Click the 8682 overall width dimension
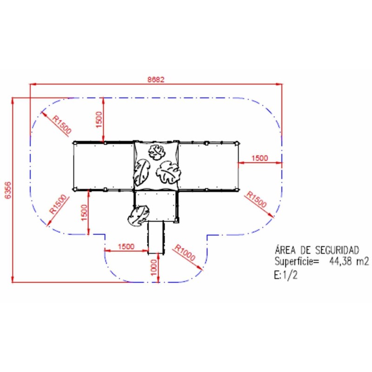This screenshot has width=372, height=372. pos(156,79)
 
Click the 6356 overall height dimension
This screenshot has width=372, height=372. pos(8,190)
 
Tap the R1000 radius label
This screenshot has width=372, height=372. pos(185,252)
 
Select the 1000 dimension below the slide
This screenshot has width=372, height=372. pos(154,267)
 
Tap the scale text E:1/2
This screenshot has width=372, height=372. pos(286,275)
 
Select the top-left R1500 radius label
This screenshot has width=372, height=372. pos(62,125)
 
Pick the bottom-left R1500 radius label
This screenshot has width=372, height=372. pos(59,204)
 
